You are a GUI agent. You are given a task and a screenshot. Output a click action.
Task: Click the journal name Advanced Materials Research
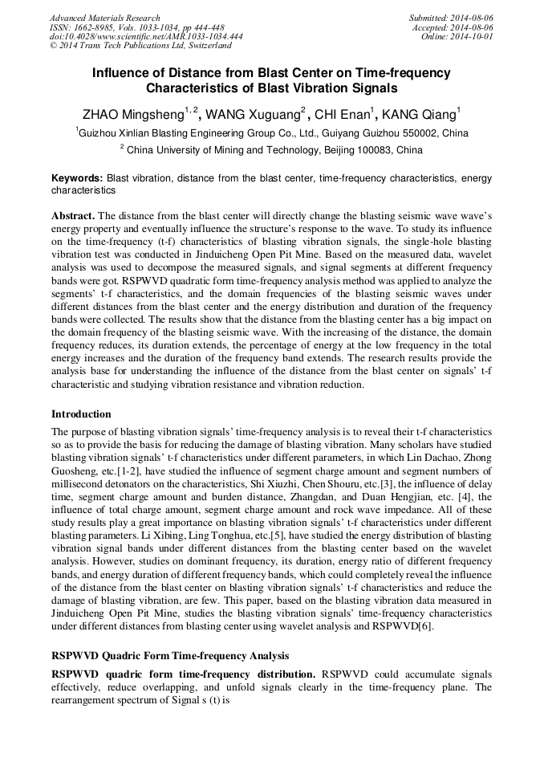(x=105, y=18)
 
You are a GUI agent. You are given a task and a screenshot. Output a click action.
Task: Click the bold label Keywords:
(x=77, y=178)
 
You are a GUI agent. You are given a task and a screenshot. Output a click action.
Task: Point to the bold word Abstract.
(x=74, y=217)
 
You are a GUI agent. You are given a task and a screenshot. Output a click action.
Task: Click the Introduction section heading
(x=81, y=414)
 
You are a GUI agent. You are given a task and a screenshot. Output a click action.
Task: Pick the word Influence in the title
(x=120, y=73)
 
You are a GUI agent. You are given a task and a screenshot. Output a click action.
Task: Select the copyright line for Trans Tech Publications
(x=128, y=47)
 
